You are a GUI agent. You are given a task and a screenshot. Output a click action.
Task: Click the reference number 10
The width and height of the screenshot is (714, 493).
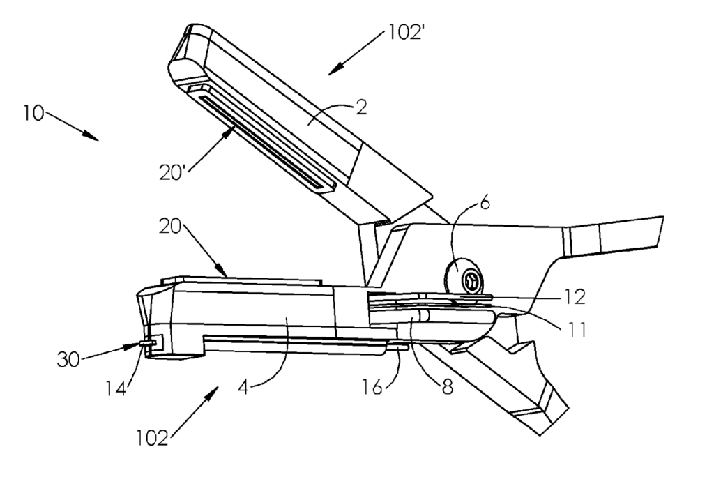34,113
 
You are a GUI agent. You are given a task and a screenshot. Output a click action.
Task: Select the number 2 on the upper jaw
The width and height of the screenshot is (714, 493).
361,107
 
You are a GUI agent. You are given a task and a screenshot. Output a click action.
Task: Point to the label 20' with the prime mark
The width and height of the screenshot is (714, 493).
172,172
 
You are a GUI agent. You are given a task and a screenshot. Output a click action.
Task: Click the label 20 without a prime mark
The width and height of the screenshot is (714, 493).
170,226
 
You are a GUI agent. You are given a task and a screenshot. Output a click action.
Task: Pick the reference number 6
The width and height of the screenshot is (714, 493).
485,203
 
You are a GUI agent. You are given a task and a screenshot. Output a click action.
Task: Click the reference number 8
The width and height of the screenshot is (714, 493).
448,387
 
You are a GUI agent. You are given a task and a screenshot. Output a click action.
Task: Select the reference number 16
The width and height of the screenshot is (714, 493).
372,387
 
